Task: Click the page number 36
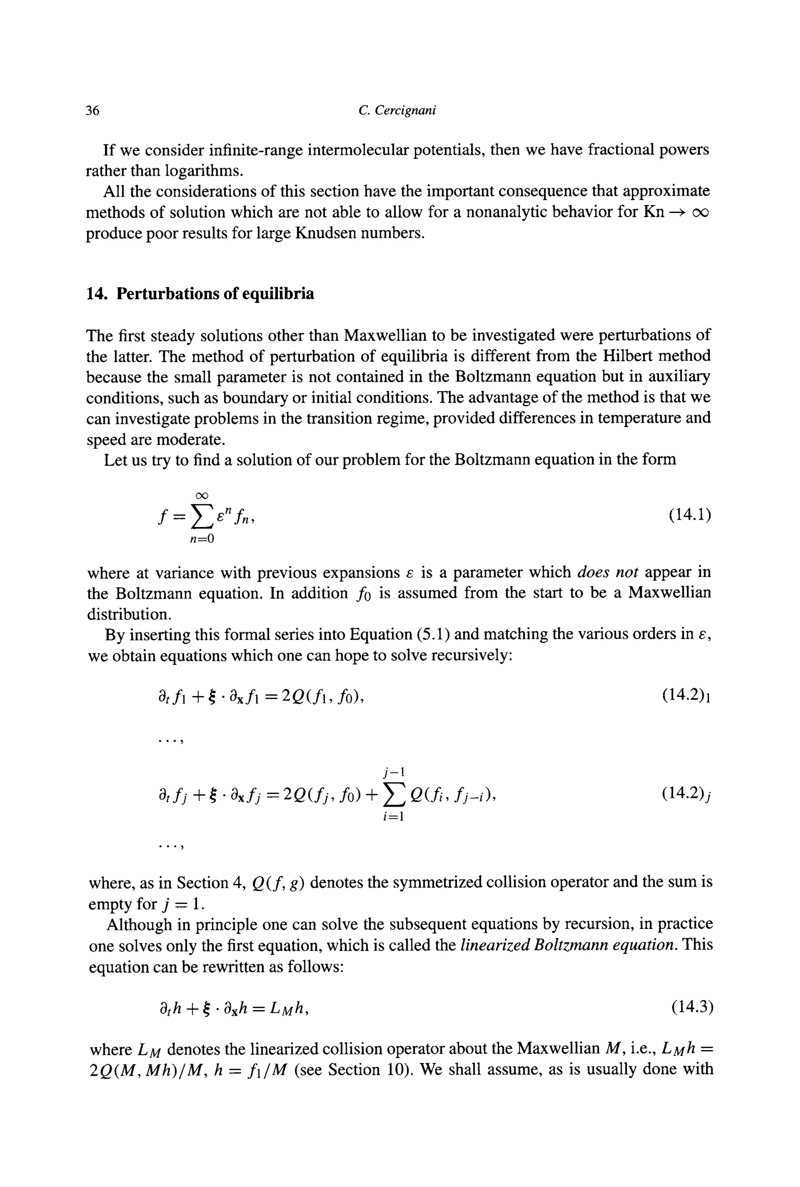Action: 93,110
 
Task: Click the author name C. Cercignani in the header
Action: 397,110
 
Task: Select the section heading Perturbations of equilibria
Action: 215,294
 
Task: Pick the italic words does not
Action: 607,572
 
